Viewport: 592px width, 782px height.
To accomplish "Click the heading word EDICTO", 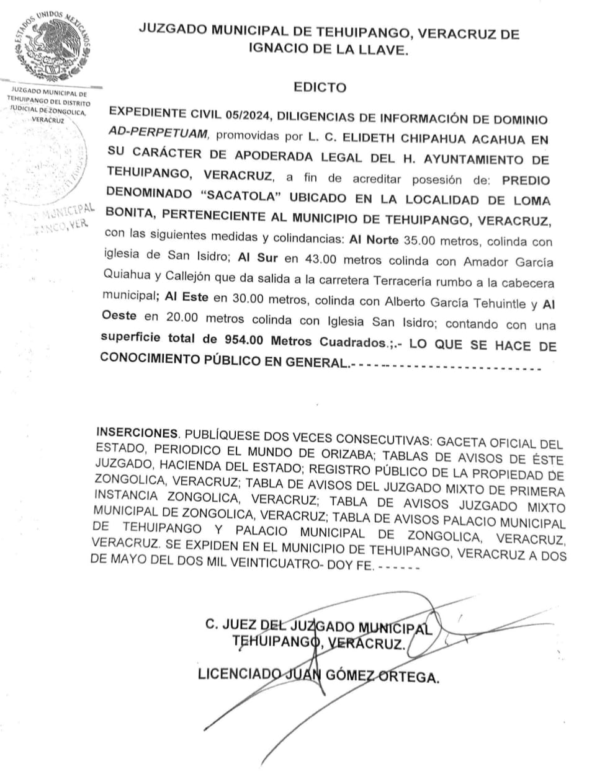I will coord(320,87).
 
